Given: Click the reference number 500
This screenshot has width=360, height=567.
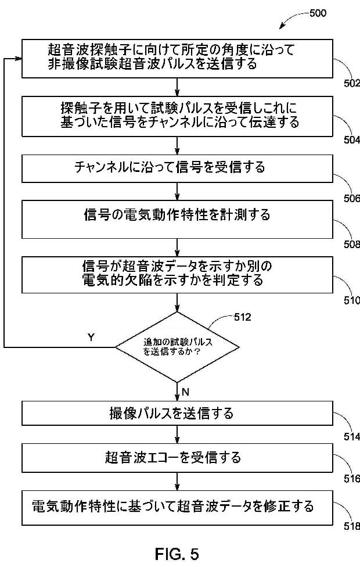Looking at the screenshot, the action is [318, 13].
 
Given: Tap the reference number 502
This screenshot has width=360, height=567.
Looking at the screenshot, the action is [351, 83].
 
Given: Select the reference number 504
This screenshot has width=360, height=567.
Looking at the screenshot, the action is [351, 140].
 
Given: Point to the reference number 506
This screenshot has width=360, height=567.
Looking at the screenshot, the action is [351, 198].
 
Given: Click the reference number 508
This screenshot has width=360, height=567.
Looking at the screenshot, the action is [351, 245].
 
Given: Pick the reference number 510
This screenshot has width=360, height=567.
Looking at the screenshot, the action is [351, 300].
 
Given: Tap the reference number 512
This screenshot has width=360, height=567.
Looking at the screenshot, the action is [242, 317].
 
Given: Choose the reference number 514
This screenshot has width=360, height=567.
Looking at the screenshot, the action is [351, 437].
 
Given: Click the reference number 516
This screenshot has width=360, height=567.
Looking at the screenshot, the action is [351, 479].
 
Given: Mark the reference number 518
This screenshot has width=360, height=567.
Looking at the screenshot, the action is [351, 526].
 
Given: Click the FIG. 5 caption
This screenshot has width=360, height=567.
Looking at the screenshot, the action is [177, 554].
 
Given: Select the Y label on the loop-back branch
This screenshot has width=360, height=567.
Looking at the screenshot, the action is [91, 338].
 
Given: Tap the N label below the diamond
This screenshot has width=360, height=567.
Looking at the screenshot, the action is [185, 392].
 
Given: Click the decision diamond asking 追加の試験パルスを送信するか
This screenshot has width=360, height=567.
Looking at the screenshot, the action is [177, 347].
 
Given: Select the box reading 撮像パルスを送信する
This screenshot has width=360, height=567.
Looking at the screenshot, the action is [177, 413].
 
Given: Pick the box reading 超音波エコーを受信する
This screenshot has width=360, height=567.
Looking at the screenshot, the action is [177, 458].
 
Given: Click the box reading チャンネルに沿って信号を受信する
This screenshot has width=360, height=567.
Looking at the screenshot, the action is [177, 168].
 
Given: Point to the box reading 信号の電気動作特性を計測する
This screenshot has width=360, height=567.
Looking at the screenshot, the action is [177, 220].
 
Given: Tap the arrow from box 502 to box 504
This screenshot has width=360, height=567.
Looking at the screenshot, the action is [177, 87].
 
